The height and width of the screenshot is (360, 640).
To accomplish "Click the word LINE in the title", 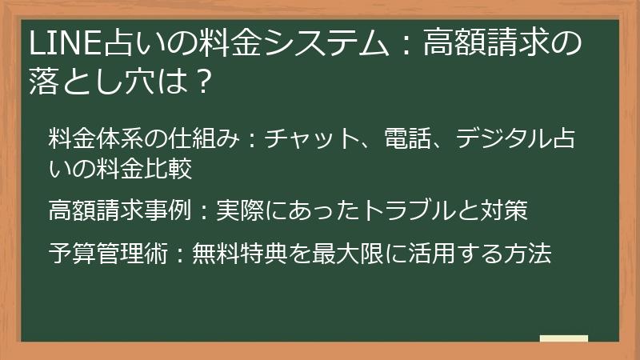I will click(54, 43).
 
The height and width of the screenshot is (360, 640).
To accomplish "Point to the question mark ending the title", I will click(203, 81).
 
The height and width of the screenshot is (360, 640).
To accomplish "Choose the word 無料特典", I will click(238, 254).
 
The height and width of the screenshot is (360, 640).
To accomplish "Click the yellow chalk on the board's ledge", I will click(563, 338).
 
